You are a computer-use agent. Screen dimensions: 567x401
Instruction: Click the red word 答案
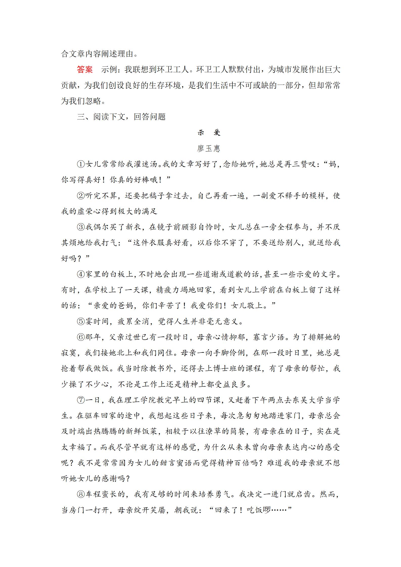[85, 69]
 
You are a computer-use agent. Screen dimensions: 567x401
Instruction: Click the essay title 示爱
[209, 133]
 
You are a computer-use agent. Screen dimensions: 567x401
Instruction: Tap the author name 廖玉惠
[209, 148]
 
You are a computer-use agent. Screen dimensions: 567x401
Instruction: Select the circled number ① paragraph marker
[81, 164]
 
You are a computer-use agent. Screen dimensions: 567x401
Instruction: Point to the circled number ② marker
[81, 195]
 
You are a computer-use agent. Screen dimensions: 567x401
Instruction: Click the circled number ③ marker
[81, 227]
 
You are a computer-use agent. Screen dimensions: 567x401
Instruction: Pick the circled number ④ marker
[81, 274]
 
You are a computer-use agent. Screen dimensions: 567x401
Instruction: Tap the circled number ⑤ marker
[81, 322]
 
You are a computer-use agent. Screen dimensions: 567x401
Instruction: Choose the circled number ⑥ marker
[81, 337]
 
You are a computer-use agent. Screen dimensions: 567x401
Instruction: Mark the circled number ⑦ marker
[81, 400]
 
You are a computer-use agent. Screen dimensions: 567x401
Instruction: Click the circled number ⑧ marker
[81, 494]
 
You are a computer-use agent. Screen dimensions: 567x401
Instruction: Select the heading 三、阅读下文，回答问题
[121, 117]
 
